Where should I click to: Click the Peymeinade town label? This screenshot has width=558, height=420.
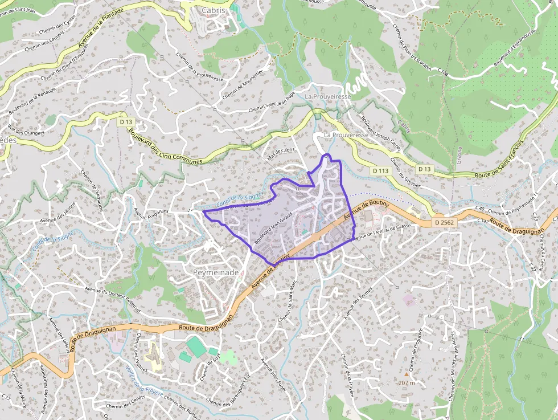coord(216,273)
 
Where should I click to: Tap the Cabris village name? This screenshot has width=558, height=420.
coord(214,10)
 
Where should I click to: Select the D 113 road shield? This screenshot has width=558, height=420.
coord(380,170)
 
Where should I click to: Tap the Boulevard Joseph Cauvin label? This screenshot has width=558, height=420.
coord(380,136)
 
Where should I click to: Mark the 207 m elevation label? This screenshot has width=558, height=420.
coord(407,382)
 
